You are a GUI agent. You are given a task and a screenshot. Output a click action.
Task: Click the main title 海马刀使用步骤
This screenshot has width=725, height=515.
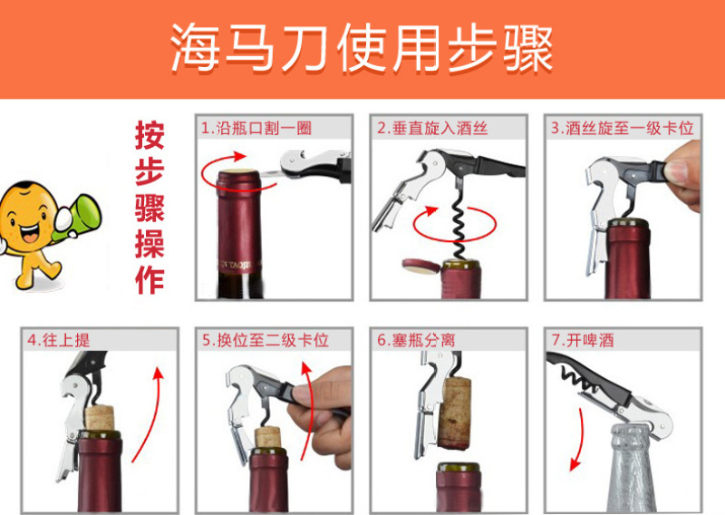pyautogui.click(x=362, y=48)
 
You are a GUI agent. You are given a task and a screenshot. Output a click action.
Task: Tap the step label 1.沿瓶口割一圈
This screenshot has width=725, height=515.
pyautogui.click(x=256, y=128)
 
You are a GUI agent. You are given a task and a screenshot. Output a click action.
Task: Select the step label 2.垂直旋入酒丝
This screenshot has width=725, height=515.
pyautogui.click(x=432, y=128)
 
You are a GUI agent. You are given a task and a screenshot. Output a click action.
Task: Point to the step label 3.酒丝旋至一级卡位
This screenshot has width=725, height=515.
pyautogui.click(x=622, y=128)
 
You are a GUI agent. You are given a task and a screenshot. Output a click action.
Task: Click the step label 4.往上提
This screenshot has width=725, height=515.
pyautogui.click(x=58, y=341)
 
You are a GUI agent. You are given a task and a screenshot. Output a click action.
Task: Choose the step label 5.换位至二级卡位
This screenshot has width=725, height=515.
pyautogui.click(x=266, y=341)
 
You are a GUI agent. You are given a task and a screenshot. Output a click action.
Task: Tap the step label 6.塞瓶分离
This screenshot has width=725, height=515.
pyautogui.click(x=416, y=341)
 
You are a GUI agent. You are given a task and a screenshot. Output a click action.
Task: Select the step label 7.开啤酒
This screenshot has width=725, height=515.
pyautogui.click(x=583, y=341)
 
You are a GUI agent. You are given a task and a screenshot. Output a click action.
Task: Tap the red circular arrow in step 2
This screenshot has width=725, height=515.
pyautogui.click(x=455, y=224)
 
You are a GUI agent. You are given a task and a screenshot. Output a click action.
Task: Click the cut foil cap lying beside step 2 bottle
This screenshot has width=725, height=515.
pyautogui.click(x=420, y=266)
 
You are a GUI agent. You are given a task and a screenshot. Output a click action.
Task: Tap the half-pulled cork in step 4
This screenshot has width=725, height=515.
pyautogui.click(x=100, y=417)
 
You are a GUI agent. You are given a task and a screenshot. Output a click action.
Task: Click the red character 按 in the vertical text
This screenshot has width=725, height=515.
pyautogui.click(x=150, y=135)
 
